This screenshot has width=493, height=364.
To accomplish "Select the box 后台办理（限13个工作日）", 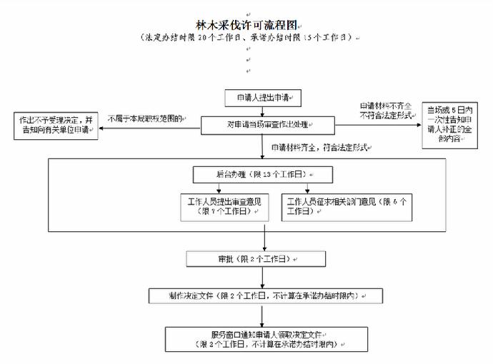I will (x=263, y=174).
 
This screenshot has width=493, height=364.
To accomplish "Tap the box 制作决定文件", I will (x=264, y=295).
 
